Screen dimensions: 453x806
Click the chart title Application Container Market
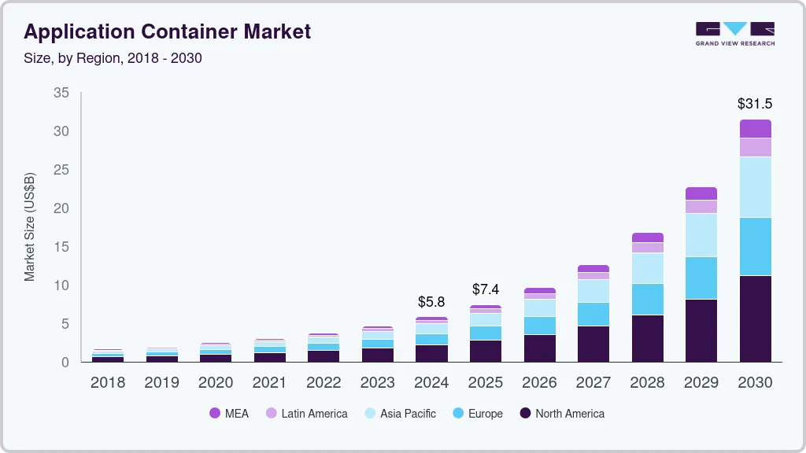pyautogui.click(x=167, y=31)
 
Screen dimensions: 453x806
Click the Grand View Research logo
pyautogui.click(x=734, y=34)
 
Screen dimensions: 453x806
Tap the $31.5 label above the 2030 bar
pyautogui.click(x=754, y=104)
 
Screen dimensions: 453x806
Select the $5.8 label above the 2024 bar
pyautogui.click(x=431, y=302)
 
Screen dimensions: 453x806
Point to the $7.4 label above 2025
pyautogui.click(x=486, y=289)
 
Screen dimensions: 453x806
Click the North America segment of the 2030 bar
pyautogui.click(x=755, y=319)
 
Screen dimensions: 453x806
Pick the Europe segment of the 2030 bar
pyautogui.click(x=755, y=246)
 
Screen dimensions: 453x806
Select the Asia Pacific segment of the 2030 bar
pyautogui.click(x=755, y=187)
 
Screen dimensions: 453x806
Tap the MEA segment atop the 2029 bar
pyautogui.click(x=701, y=193)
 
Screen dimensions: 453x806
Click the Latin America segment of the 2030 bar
pyautogui.click(x=755, y=147)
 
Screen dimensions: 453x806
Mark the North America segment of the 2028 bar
pyautogui.click(x=647, y=338)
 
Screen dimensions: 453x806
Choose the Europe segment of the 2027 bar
pyautogui.click(x=593, y=314)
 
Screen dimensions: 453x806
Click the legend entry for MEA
pyautogui.click(x=229, y=414)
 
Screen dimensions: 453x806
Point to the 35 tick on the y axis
pyautogui.click(x=61, y=93)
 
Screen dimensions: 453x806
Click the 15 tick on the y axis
pyautogui.click(x=61, y=247)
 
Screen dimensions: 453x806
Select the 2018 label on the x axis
pyautogui.click(x=107, y=383)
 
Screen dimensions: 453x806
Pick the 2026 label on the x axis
pyautogui.click(x=539, y=383)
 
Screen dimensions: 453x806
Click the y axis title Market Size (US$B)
pyautogui.click(x=30, y=226)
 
